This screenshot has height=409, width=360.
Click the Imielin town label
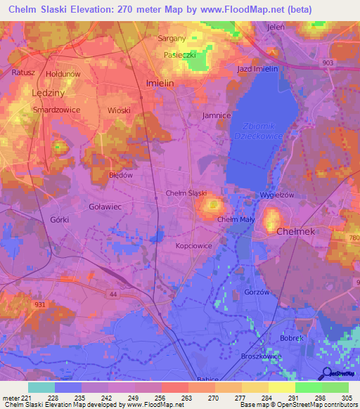pyautogui.click(x=159, y=83)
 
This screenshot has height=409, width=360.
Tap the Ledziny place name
pyautogui.click(x=48, y=92)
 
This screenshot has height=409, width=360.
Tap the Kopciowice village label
pyautogui.click(x=194, y=247)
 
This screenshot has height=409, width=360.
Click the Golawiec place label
pyautogui.click(x=106, y=206)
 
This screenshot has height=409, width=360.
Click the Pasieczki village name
pyautogui.click(x=179, y=54)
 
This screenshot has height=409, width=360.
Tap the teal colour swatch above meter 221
pyautogui.click(x=41, y=387)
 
